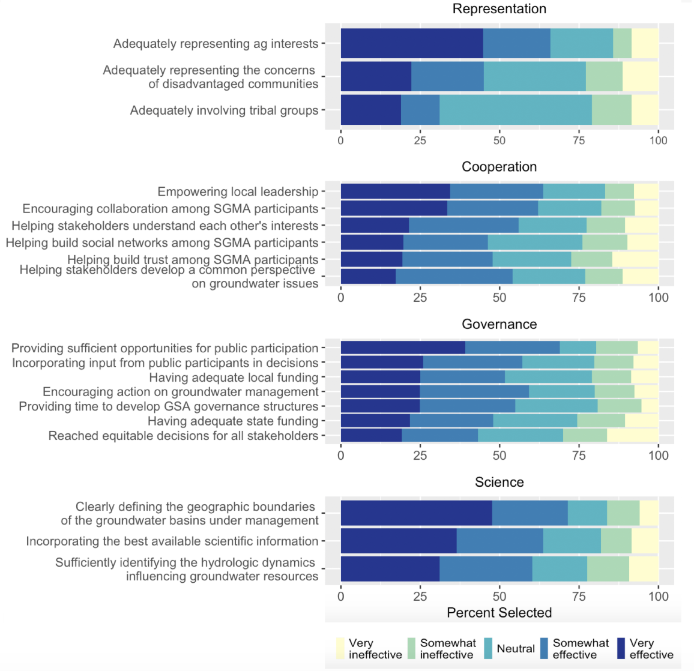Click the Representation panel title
[x=499, y=9]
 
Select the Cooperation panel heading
[x=499, y=167]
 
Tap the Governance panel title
[x=499, y=325]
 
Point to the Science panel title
[x=499, y=482]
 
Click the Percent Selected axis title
[x=499, y=613]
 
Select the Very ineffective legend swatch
[x=340, y=648]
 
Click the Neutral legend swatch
[x=488, y=648]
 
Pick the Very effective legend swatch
[x=621, y=648]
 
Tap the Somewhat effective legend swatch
[x=545, y=648]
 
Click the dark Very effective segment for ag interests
[x=412, y=43]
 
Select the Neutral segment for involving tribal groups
[x=516, y=110]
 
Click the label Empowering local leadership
[x=238, y=191]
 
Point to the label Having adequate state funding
[x=234, y=421]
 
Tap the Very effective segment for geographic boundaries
[x=417, y=513]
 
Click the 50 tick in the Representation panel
[x=499, y=140]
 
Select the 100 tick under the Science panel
[x=658, y=596]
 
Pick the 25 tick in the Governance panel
[x=420, y=456]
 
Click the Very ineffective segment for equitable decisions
[x=633, y=436]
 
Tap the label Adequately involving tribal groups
[x=225, y=110]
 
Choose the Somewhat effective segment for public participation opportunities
[x=513, y=348]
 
